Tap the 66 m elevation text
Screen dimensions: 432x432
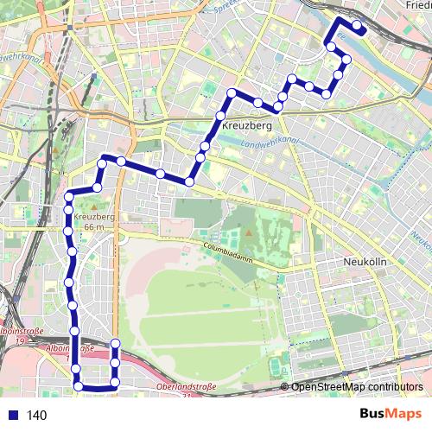(94, 227)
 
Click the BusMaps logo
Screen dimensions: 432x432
(391, 414)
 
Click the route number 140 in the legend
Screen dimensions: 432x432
(35, 416)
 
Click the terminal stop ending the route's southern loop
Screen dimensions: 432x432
(115, 345)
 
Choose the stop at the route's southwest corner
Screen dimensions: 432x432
(79, 387)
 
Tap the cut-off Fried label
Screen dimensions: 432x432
(416, 5)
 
